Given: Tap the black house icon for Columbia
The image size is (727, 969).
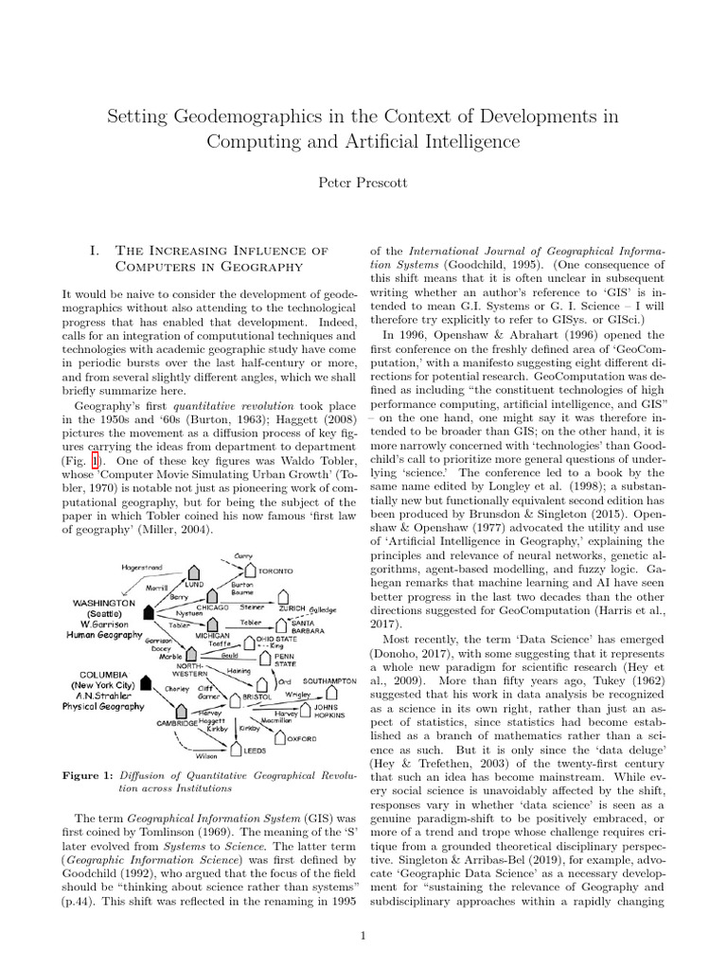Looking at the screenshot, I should (148, 681).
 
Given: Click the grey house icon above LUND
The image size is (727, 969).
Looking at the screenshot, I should (194, 572).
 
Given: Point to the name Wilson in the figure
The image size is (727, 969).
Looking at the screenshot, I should (206, 756).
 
